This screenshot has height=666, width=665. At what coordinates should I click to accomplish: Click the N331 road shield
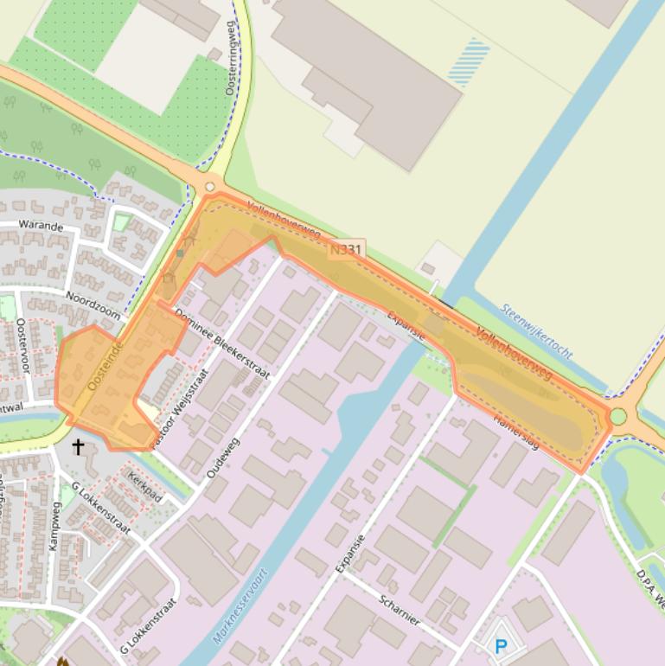click(x=346, y=250)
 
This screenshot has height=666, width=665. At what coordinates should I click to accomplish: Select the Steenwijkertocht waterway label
click(x=536, y=330)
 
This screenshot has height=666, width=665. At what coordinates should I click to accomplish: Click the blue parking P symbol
click(x=501, y=645)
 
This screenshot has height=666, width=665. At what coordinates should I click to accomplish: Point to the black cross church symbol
click(x=78, y=446)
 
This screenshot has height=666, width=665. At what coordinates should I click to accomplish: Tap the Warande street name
click(x=41, y=227)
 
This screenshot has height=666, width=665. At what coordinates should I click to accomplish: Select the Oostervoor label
click(x=23, y=345)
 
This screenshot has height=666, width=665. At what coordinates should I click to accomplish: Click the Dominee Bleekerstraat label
click(x=222, y=345)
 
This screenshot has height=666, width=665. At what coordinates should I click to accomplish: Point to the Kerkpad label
click(x=144, y=488)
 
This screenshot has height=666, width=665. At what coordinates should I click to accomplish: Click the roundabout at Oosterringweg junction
click(x=209, y=187)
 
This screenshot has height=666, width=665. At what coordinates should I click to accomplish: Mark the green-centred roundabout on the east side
click(x=617, y=416)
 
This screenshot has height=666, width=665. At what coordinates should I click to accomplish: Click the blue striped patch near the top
click(x=470, y=61)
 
